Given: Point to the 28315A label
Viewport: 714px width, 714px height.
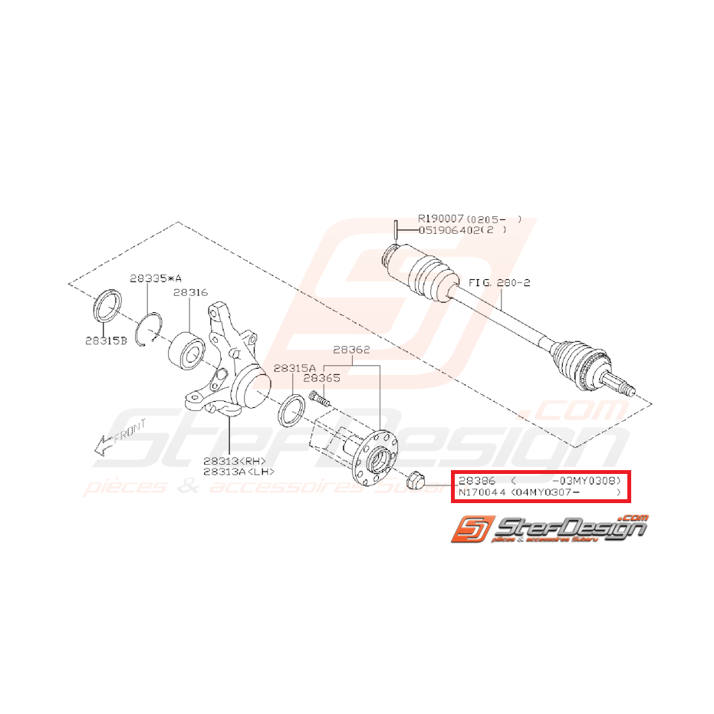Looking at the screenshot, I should (294, 367).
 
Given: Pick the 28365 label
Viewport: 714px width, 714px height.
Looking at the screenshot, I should (322, 378).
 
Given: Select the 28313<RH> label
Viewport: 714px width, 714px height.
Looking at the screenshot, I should (233, 462).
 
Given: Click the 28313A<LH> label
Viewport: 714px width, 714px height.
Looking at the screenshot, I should (239, 472).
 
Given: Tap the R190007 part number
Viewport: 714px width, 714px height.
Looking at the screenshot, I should (440, 219).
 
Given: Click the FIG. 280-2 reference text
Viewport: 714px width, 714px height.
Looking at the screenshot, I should (499, 282).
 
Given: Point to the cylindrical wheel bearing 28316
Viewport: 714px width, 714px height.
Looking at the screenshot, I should (186, 349).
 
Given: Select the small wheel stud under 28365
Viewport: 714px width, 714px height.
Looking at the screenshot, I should (319, 396).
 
